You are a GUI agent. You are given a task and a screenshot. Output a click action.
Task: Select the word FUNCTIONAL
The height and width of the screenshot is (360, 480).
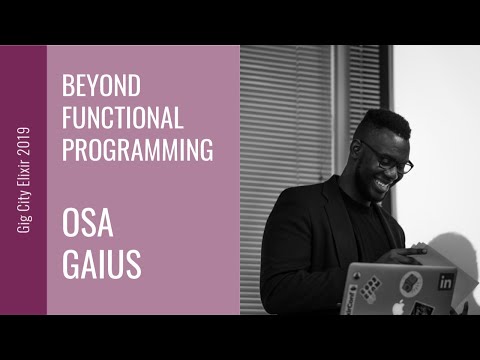(123, 118)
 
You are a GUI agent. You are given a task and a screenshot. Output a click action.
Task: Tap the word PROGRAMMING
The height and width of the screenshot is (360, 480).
(138, 150)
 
